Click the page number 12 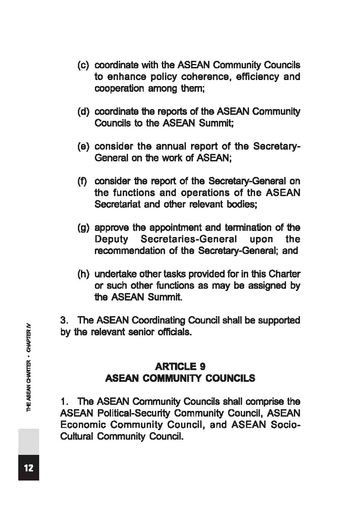28,468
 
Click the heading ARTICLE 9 180,367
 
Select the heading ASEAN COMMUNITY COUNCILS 180,378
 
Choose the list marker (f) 83,182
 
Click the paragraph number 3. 63,321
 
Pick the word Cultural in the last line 75,437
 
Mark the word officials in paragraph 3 171,333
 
